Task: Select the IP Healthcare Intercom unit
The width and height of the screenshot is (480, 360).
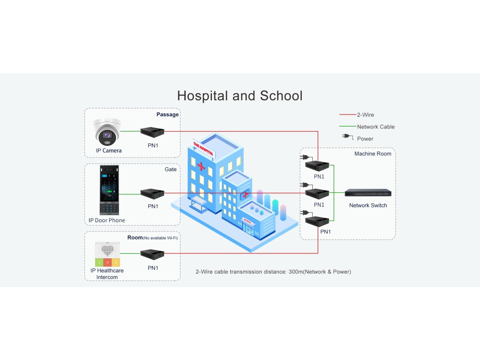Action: [x=107, y=254]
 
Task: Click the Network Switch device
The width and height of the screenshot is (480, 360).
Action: [x=368, y=193]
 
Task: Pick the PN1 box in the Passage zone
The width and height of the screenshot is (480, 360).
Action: [x=152, y=132]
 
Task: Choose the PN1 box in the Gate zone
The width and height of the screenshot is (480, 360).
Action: [x=152, y=193]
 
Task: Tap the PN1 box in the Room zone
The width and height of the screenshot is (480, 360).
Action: [x=152, y=255]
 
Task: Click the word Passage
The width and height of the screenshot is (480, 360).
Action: [x=167, y=114]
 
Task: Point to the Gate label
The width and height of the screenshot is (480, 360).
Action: [x=171, y=169]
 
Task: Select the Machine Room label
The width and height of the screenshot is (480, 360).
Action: [x=373, y=154]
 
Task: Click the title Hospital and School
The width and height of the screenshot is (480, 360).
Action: [x=240, y=96]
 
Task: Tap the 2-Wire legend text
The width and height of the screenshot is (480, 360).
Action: [x=366, y=115]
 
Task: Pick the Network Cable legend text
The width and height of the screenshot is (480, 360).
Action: [x=376, y=127]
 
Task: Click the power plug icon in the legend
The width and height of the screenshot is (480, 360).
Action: [x=348, y=137]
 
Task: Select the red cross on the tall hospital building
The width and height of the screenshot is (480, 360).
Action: [x=201, y=166]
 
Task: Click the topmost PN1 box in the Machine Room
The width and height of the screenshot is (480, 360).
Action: [x=317, y=165]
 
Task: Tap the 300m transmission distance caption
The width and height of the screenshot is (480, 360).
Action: [x=273, y=271]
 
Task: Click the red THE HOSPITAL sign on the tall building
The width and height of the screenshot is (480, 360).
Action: [x=203, y=149]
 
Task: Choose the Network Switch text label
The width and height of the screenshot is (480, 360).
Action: [x=368, y=205]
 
